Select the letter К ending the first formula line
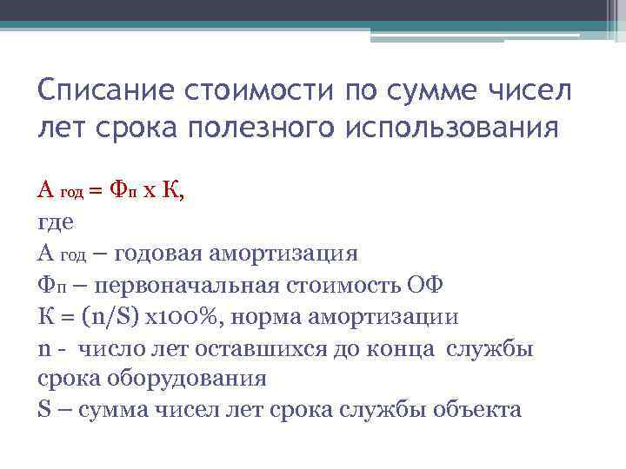click(x=174, y=189)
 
